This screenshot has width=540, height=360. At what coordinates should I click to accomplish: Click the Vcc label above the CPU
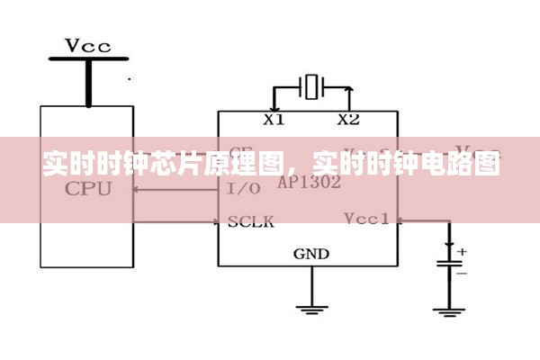coord(88,45)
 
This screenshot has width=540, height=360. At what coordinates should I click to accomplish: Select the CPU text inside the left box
coord(88,189)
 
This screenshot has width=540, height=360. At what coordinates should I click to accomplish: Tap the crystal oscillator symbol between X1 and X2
coord(311,88)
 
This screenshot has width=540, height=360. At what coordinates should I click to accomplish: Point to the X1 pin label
coord(273,119)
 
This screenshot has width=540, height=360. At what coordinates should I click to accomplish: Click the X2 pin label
coord(347,119)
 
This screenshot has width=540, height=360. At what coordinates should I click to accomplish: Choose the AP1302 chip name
coord(309,182)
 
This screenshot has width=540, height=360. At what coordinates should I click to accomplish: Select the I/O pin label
coord(244,189)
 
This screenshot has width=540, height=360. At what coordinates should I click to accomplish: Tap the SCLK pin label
coord(250,220)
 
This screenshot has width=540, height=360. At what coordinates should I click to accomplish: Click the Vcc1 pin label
coord(366,219)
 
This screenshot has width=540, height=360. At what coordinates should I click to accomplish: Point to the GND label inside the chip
coord(311,254)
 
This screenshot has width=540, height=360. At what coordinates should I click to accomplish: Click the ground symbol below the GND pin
coord(311,310)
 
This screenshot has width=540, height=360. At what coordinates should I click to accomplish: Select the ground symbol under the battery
coord(449,310)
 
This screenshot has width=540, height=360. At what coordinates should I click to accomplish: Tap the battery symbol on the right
coord(449,265)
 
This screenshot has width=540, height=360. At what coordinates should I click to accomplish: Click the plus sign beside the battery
coord(463,252)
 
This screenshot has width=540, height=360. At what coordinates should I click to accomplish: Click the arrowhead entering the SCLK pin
coord(213,220)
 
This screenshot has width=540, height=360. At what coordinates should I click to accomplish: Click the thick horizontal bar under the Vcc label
coord(88,59)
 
